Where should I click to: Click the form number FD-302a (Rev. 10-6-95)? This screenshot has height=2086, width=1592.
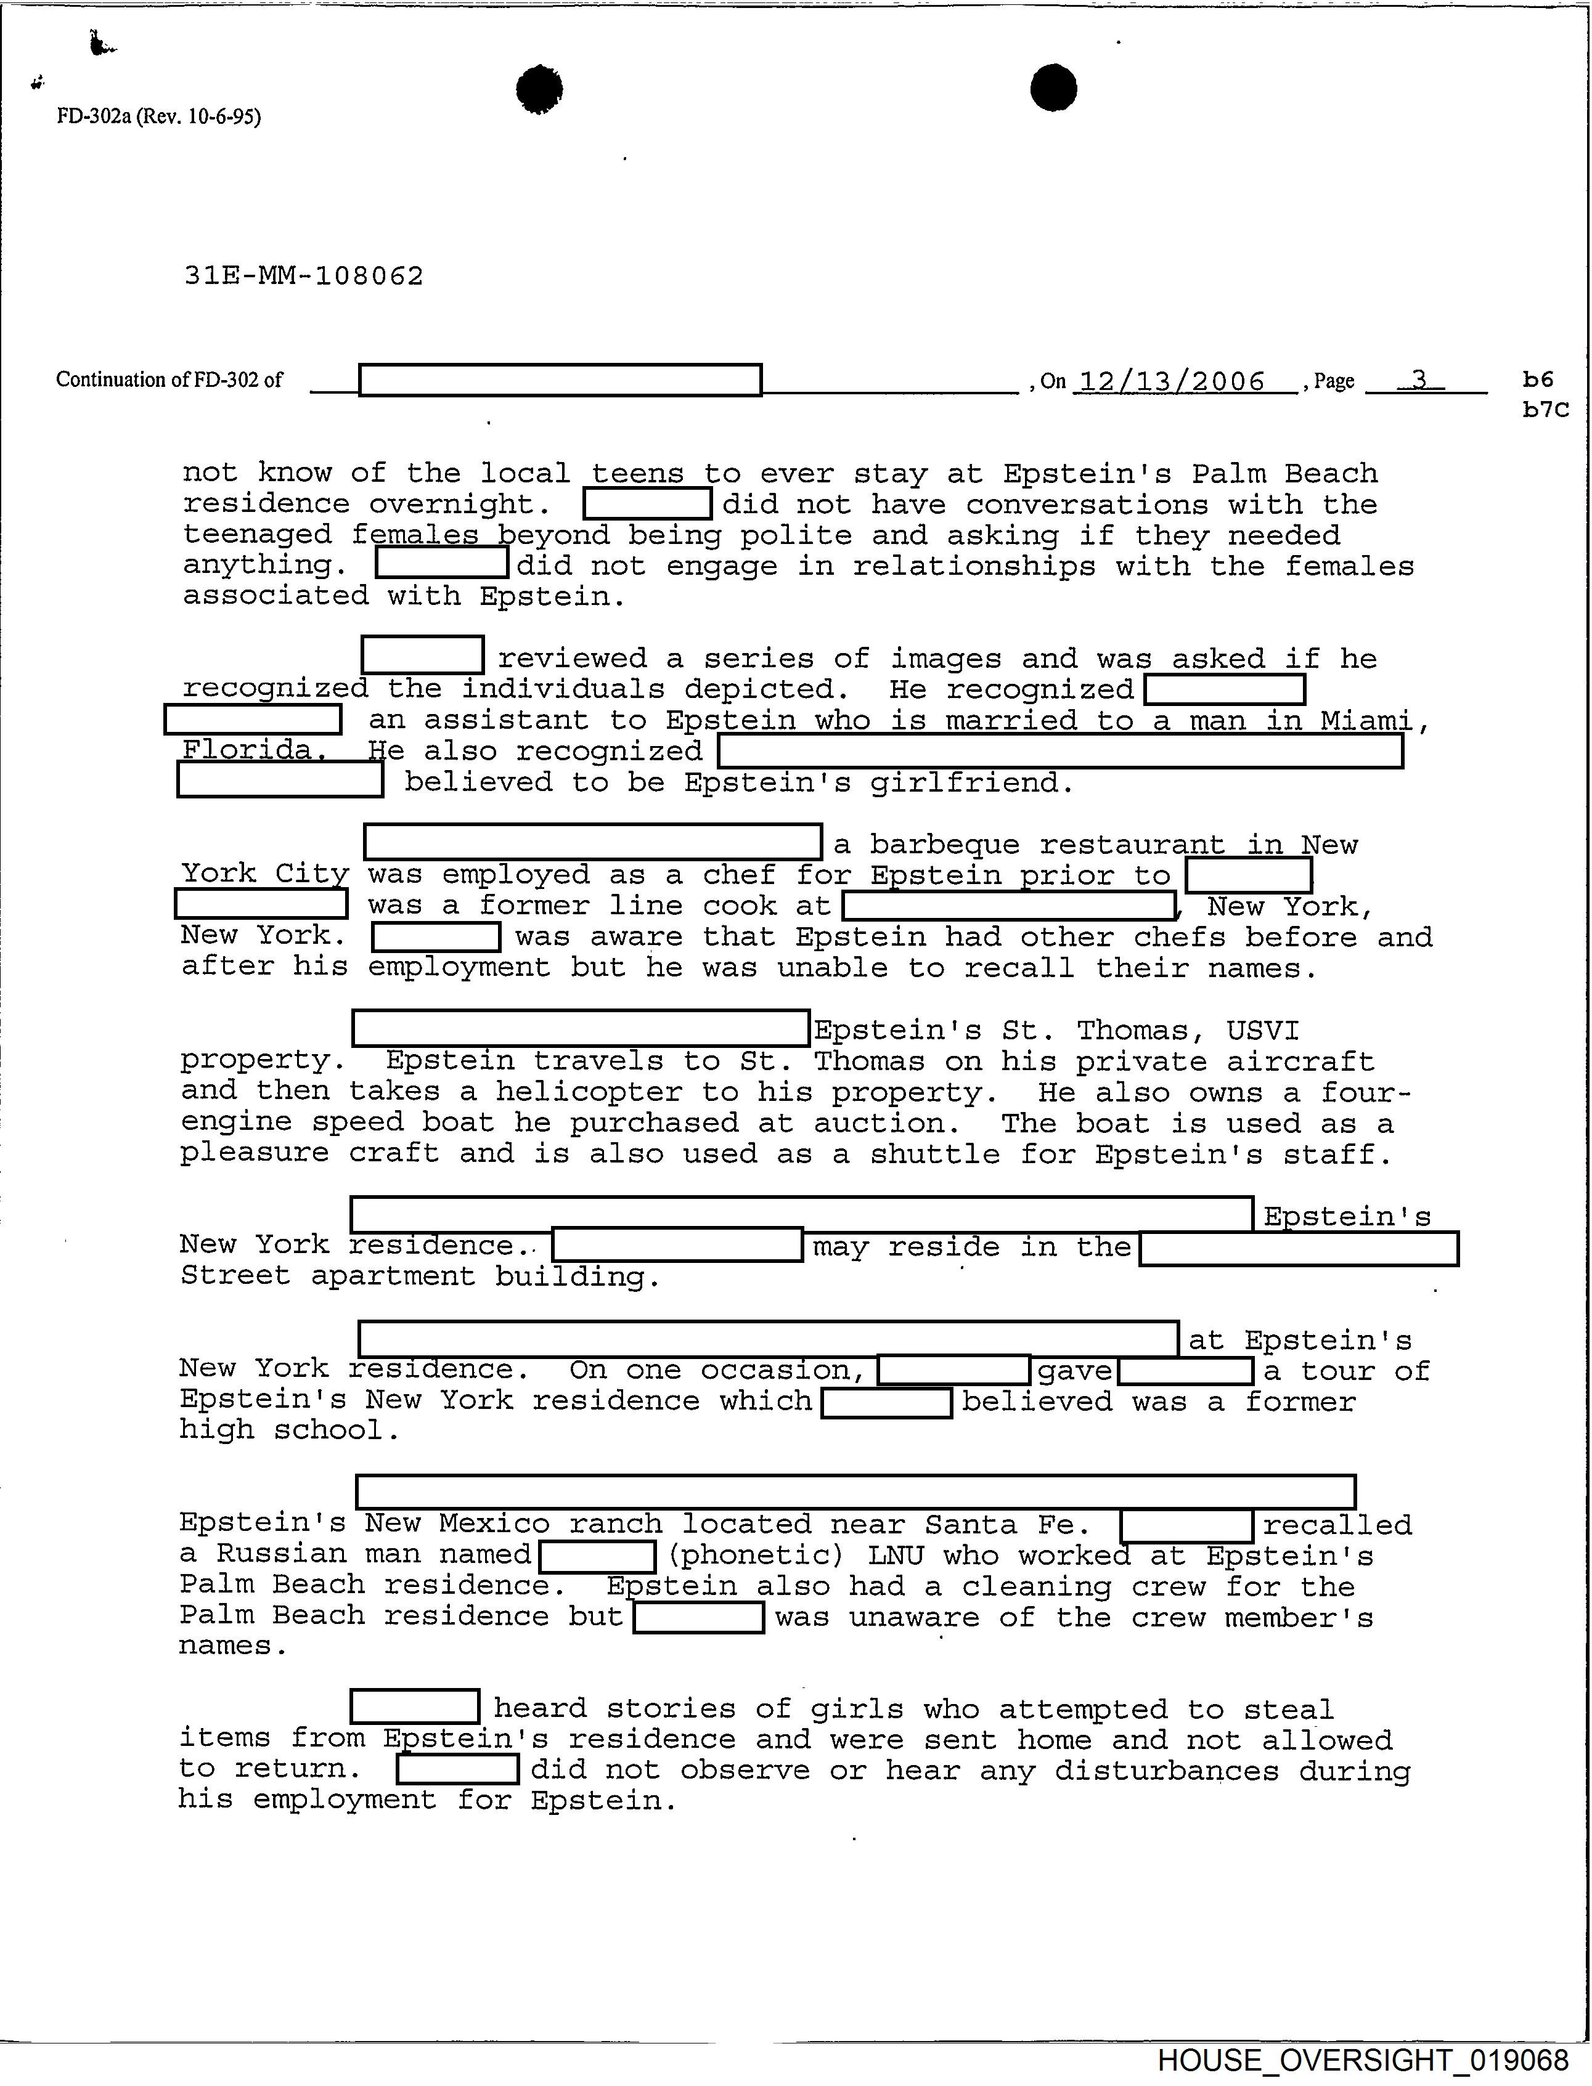point(158,116)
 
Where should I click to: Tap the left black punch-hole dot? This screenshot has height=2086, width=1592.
point(539,90)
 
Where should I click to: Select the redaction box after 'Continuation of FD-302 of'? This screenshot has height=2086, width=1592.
point(560,380)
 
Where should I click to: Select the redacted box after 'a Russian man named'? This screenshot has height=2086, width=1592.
point(597,1556)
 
